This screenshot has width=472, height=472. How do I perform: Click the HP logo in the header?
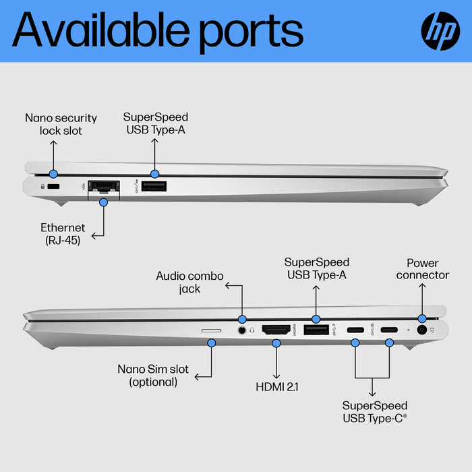tap(440, 31)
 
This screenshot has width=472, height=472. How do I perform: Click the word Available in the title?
tap(101, 30)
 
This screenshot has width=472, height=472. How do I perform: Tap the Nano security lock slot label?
tap(61, 124)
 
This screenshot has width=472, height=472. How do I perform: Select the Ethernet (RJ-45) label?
tap(63, 233)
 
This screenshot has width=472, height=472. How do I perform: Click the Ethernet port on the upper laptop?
tap(103, 185)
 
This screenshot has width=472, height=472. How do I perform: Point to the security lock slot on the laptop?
tap(53, 187)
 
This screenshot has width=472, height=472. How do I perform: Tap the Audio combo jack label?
tap(189, 282)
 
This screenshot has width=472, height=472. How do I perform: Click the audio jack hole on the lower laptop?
tap(241, 330)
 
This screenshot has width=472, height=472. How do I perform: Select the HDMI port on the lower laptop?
tap(275, 330)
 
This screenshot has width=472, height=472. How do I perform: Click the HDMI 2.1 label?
tap(276, 386)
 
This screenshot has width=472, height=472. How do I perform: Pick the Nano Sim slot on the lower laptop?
tap(211, 330)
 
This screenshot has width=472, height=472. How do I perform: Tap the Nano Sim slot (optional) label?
tap(153, 376)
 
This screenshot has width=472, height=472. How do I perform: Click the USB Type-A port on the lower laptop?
tap(315, 330)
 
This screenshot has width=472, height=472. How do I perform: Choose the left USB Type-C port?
tap(355, 330)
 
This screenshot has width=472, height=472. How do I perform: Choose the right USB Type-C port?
tap(388, 330)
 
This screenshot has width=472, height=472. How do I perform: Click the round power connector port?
tap(423, 330)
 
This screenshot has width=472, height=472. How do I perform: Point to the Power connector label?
tap(422, 269)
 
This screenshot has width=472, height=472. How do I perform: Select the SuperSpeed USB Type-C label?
tap(375, 411)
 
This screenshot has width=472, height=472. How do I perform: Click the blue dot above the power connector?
tap(422, 318)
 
